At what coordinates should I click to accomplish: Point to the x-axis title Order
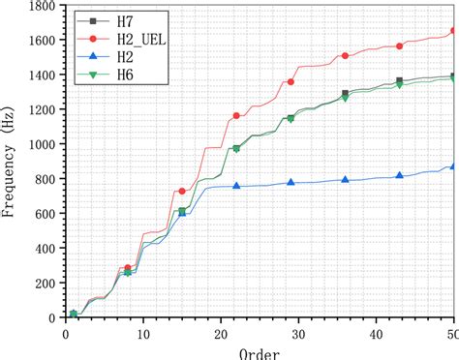pos(260,351)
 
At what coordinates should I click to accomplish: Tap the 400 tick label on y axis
pos(40,249)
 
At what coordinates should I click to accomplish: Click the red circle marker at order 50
pos(454,31)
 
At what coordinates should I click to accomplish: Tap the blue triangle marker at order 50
pos(454,166)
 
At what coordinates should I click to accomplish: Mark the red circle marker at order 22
pos(236,116)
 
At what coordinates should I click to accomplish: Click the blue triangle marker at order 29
pos(291,182)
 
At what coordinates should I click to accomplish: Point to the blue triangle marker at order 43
pos(400,175)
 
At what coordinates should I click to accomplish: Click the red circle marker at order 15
pos(182,192)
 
